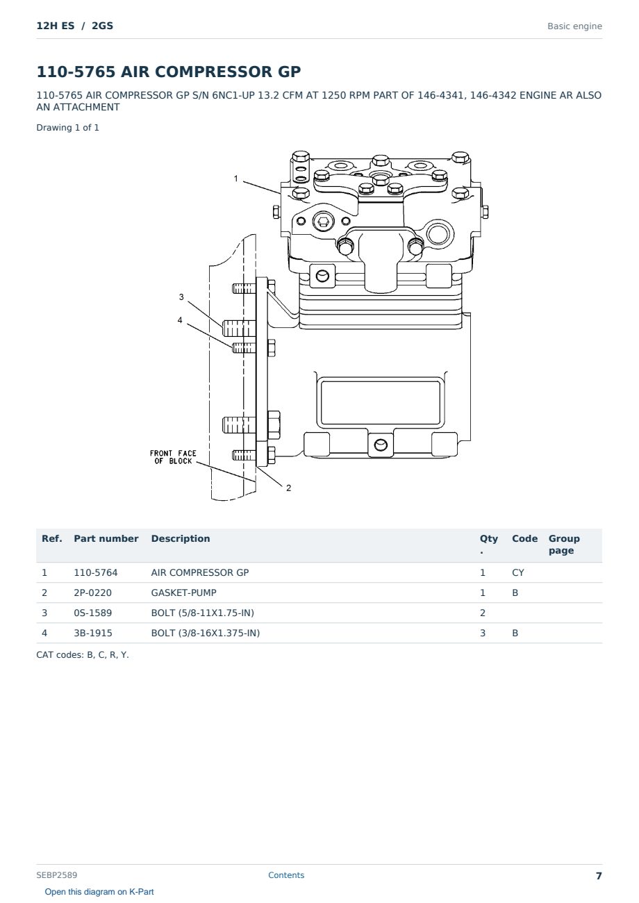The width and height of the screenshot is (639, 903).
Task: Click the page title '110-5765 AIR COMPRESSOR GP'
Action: click(169, 72)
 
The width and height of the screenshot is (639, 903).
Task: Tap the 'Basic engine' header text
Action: click(574, 26)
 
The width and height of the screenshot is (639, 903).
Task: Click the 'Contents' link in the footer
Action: click(286, 875)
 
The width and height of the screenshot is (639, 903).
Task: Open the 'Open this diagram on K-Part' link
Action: click(99, 892)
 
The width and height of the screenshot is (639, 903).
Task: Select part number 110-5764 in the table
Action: click(96, 572)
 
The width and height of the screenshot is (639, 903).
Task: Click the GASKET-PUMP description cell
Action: click(184, 593)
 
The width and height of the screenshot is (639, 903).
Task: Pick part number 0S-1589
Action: click(93, 613)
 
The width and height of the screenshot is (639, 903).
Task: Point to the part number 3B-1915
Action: click(93, 633)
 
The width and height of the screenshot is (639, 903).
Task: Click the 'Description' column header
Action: click(181, 538)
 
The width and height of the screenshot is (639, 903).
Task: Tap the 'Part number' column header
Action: click(106, 538)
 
